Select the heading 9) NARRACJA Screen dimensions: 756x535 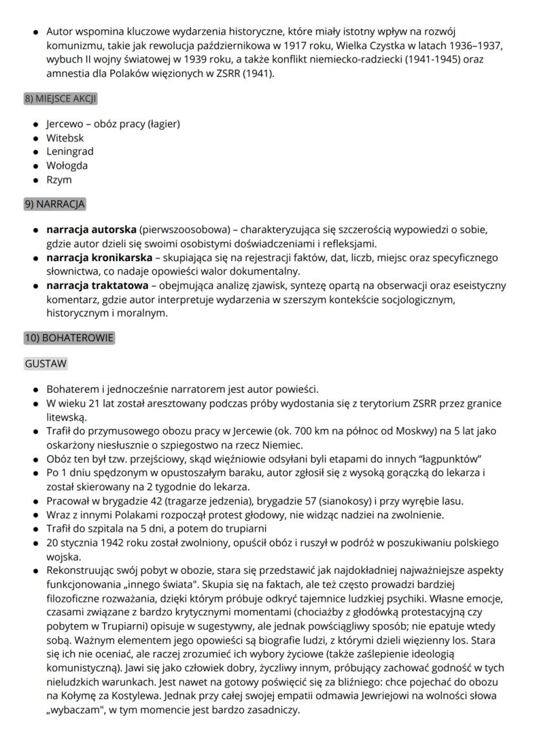click(55, 204)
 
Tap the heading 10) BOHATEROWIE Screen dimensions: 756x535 click(69, 338)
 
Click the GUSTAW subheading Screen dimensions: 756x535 click(46, 364)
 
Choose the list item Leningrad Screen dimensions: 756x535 click(70, 151)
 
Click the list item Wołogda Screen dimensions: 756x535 click(67, 165)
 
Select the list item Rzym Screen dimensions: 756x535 click(59, 179)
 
